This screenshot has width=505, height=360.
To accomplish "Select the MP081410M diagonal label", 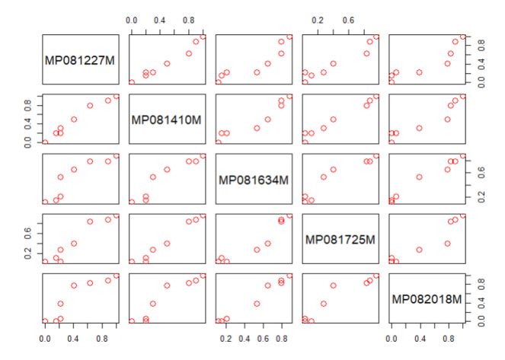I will [167, 119].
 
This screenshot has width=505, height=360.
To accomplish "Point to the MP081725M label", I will [340, 240].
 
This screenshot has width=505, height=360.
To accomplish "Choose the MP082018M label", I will [427, 299].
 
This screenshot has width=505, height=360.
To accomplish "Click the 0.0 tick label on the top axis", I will [131, 18].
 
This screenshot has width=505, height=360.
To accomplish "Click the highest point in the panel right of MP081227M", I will [203, 37].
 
